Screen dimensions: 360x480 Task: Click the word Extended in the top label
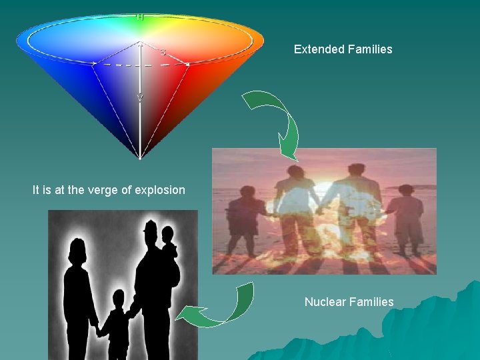[318, 49]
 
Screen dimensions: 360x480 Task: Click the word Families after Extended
[369, 49]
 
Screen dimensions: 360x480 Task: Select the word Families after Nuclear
[371, 302]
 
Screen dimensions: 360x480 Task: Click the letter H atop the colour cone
[140, 17]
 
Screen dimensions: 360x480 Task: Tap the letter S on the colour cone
[162, 51]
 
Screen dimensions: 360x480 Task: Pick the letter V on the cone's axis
[140, 98]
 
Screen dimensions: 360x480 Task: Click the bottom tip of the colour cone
[140, 158]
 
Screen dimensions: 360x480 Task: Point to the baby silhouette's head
[167, 235]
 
